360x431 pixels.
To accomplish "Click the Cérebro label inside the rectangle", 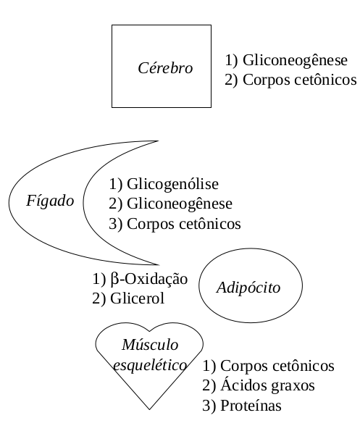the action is [x=165, y=68].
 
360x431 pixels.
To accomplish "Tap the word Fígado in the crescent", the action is [x=50, y=201].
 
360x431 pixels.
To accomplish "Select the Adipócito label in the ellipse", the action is [x=248, y=288].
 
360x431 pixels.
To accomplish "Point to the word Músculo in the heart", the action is [x=150, y=345].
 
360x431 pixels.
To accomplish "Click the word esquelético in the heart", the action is [x=150, y=365].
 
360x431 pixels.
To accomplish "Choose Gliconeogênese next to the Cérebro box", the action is [x=295, y=60].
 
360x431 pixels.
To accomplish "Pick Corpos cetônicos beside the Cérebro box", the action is [x=300, y=80].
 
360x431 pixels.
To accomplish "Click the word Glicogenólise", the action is [x=172, y=184].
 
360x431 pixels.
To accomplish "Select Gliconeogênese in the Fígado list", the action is [x=180, y=204].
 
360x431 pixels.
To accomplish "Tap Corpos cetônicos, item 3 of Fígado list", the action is [x=184, y=224].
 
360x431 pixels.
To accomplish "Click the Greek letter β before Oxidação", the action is [x=114, y=280].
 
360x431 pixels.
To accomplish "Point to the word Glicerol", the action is [x=137, y=298].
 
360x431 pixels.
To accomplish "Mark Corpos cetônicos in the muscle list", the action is [x=277, y=366].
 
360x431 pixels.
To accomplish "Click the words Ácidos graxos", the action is [x=267, y=385].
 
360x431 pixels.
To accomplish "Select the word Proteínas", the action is [x=251, y=406].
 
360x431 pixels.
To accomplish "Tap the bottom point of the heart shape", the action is [x=149, y=409].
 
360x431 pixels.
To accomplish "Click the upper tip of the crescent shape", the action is [x=159, y=141].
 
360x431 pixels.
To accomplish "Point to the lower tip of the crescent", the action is [x=159, y=265].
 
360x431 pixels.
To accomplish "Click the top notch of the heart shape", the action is [x=149, y=331].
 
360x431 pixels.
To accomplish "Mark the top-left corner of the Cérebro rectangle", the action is [x=112, y=25].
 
